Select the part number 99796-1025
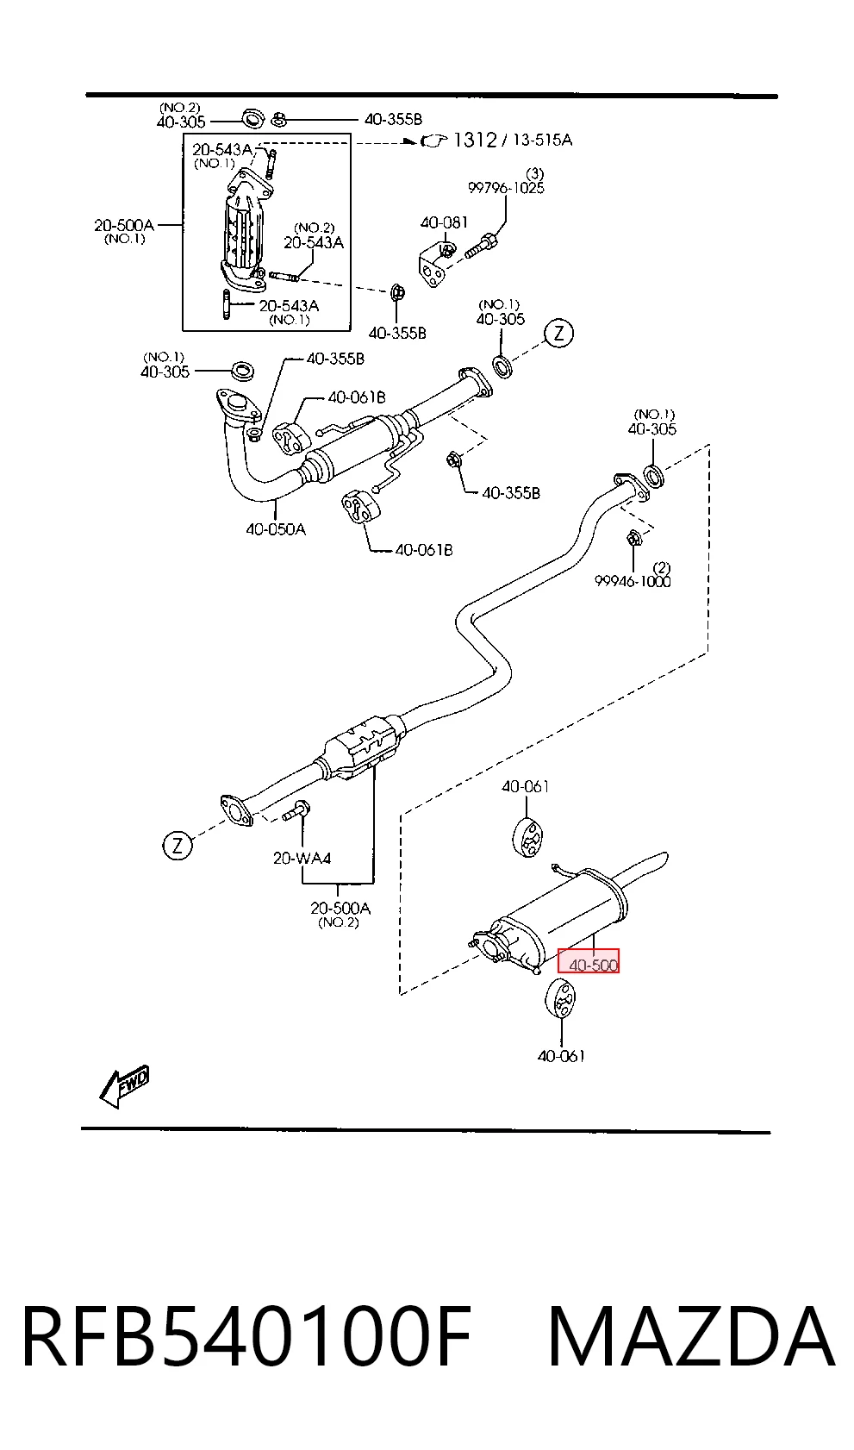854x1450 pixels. click(506, 188)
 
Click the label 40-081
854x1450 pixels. click(444, 222)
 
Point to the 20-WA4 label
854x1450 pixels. click(302, 859)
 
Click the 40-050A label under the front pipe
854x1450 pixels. click(276, 529)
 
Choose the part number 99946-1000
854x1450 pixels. click(633, 581)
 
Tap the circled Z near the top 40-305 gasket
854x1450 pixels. click(558, 334)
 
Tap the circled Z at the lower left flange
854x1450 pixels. click(178, 845)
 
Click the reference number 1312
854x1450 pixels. click(476, 140)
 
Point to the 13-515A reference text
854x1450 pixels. click(542, 140)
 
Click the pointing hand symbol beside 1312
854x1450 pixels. click(434, 141)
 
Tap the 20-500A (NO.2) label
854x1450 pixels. click(340, 914)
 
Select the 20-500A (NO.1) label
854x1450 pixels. click(124, 231)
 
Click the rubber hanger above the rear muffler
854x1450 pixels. click(527, 837)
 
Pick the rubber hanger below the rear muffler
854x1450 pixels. click(560, 1003)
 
